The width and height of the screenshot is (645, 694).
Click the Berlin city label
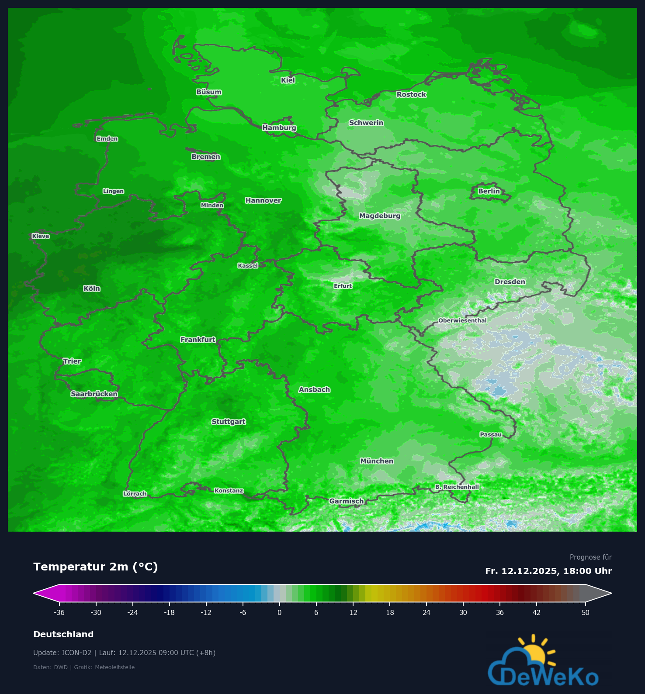click(x=489, y=191)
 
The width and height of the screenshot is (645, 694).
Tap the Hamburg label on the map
click(x=279, y=127)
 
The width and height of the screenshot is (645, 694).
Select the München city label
click(x=377, y=461)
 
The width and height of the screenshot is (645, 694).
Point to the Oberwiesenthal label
click(x=462, y=320)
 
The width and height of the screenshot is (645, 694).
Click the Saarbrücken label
click(x=94, y=394)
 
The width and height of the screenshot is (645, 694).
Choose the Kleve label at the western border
click(x=41, y=236)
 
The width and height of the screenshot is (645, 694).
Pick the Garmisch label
click(x=347, y=501)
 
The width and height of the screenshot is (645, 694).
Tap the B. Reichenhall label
click(x=457, y=487)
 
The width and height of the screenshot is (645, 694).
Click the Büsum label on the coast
click(x=209, y=92)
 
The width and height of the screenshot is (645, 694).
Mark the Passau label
click(x=491, y=434)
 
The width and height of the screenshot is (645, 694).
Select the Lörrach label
click(x=135, y=494)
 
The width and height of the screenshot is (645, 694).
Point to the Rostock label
click(x=411, y=94)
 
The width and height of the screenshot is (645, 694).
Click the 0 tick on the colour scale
click(x=280, y=612)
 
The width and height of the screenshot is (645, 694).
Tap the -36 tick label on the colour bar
click(x=59, y=612)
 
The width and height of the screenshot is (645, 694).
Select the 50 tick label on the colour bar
click(x=586, y=612)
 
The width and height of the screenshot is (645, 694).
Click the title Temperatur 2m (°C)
click(x=96, y=567)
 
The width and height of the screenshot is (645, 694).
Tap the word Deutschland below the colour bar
click(x=63, y=634)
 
